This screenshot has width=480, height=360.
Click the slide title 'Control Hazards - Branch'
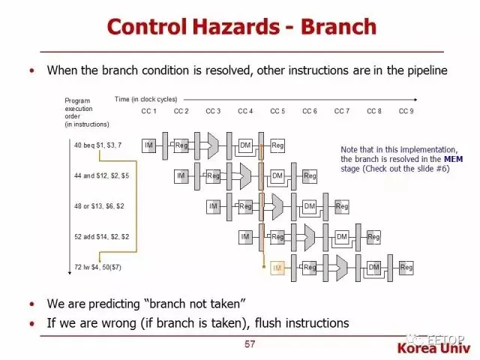tap(240, 26)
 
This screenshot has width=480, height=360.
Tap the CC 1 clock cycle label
tap(148, 111)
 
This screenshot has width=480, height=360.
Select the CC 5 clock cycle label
tap(277, 111)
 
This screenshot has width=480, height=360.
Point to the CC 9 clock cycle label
tap(406, 111)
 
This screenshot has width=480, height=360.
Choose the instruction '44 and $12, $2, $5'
tap(101, 175)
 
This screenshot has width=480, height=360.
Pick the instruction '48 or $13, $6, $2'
tap(100, 205)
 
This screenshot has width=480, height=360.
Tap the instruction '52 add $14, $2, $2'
tap(101, 236)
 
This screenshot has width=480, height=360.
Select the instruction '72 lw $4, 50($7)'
tap(98, 267)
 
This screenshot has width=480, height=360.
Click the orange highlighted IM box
tap(277, 268)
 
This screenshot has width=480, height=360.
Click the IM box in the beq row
tap(148, 145)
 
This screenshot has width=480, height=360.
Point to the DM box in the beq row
tap(245, 145)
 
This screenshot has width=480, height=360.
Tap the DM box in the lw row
tap(373, 268)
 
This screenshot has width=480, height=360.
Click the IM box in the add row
tap(245, 237)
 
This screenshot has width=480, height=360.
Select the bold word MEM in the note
tap(453, 159)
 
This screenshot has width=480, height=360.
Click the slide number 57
tap(250, 344)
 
